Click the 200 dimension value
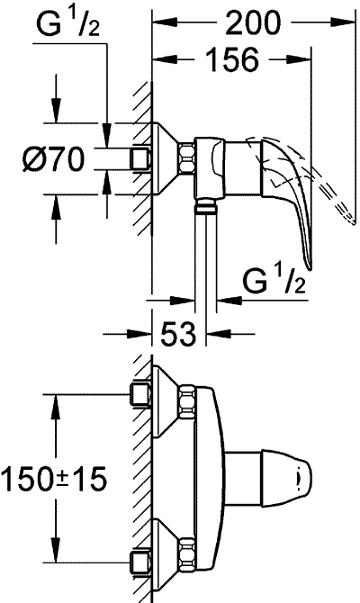pos(253,22)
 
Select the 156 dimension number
pos(232,59)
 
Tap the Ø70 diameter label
pos(53,159)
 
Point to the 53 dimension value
pos(178,333)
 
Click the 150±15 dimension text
pos(53,480)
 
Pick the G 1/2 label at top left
pos(67,23)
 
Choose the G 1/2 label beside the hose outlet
pos(274,281)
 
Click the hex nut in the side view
pos(186,159)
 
